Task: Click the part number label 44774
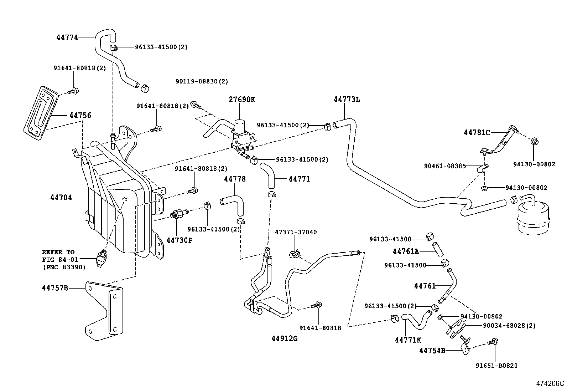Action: (67, 37)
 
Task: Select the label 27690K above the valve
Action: (242, 100)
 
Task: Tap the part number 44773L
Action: (347, 100)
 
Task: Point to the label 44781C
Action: (477, 133)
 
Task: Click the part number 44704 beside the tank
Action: (61, 197)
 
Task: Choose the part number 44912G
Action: (284, 338)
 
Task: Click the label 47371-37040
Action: (296, 232)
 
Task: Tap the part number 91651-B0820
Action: (496, 366)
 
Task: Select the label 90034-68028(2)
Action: (509, 326)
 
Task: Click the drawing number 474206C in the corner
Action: (550, 384)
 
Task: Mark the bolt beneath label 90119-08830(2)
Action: (196, 105)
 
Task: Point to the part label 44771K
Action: (408, 340)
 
